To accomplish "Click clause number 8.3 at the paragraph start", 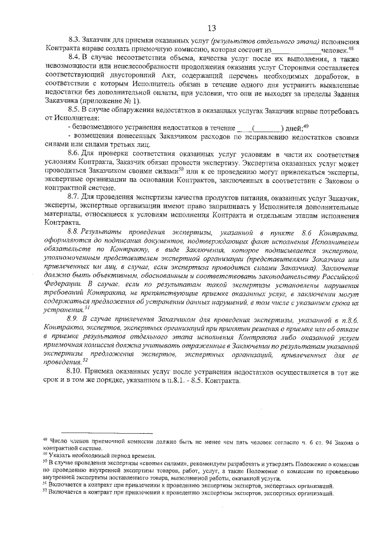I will click(x=75, y=42).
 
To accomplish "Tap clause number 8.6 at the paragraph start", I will click(x=75, y=153).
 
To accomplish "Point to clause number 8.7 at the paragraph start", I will click(x=75, y=195).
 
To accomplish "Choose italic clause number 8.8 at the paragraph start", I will click(x=75, y=235).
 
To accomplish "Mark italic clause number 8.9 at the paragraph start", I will click(x=75, y=317).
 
